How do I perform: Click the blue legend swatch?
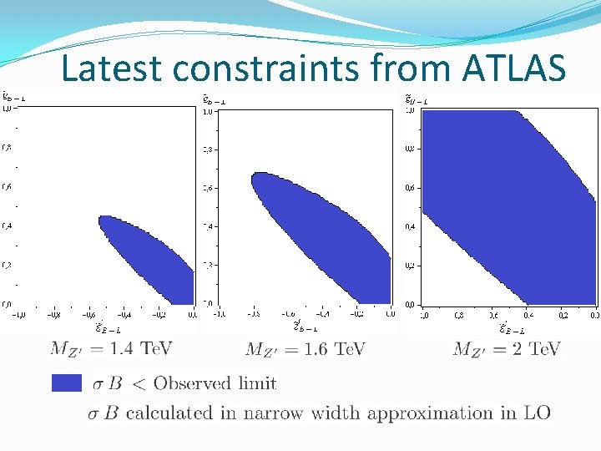(66, 383)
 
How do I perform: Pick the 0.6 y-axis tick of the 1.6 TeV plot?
(207, 188)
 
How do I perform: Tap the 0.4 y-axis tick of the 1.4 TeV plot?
(7, 226)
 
